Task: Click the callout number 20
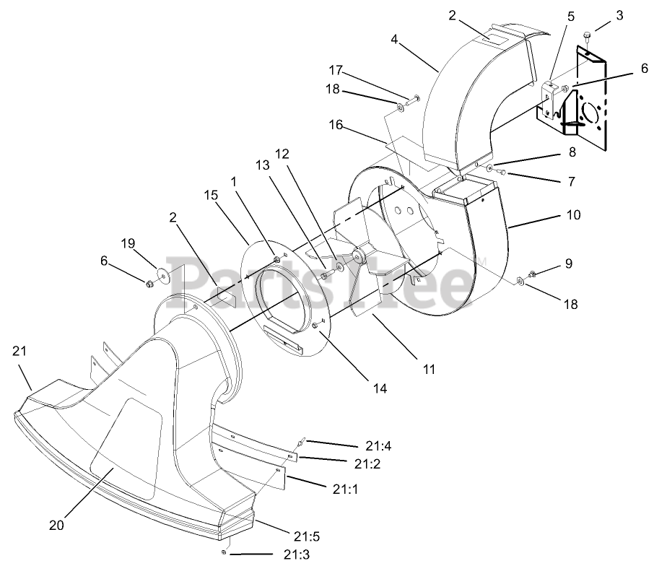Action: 56,525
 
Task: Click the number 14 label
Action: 380,388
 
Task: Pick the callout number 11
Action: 430,369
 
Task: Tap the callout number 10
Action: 573,216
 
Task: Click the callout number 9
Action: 569,265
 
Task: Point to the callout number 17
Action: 335,71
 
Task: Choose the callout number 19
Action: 128,243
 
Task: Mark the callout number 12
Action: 282,154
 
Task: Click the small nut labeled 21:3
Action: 226,552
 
